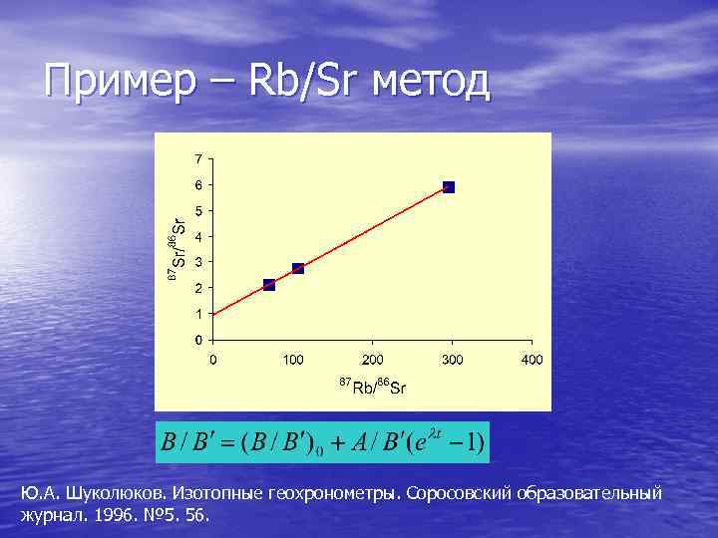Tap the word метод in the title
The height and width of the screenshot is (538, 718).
(430, 81)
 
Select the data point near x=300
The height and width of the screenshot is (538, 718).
(449, 187)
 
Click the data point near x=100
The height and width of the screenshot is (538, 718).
(298, 268)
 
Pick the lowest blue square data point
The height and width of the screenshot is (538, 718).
(269, 285)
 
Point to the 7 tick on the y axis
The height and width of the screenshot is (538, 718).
(199, 159)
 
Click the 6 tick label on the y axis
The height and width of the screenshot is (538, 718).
(199, 185)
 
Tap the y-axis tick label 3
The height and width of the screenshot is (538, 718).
(199, 262)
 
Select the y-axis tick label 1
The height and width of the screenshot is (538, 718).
(199, 314)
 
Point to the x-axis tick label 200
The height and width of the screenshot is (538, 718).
(372, 359)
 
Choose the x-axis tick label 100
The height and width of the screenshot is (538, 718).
(292, 359)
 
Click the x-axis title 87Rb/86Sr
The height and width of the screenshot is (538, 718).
(372, 386)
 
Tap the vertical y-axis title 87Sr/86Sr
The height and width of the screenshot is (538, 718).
(175, 247)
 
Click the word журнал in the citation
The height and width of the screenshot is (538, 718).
(46, 516)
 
